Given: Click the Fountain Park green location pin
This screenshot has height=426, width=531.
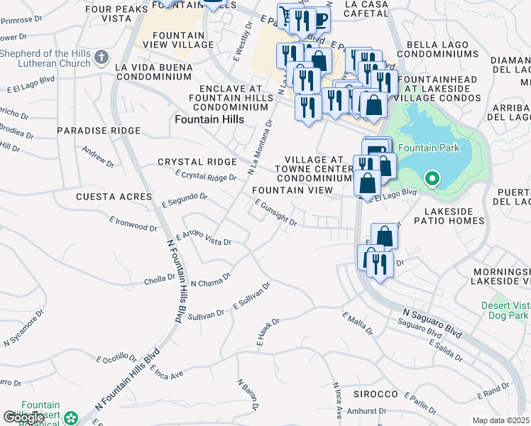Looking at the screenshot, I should pyautogui.click(x=430, y=179).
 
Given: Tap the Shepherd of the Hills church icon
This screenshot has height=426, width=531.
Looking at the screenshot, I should pyautogui.click(x=102, y=56).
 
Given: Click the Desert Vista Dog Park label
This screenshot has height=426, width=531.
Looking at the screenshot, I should pyautogui.click(x=505, y=309).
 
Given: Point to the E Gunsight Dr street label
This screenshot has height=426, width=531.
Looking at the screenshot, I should pyautogui.click(x=275, y=213).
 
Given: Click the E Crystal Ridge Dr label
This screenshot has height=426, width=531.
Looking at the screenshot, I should pyautogui.click(x=205, y=175).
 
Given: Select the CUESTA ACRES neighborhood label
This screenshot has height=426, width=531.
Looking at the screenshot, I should pyautogui.click(x=114, y=196).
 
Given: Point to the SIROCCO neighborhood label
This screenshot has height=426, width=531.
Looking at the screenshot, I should pyautogui.click(x=376, y=393).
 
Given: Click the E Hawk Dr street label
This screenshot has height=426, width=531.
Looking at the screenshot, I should pyautogui.click(x=268, y=332).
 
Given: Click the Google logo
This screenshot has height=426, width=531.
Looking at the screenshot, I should pyautogui.click(x=24, y=417).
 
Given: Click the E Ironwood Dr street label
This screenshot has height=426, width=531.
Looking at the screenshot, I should pyautogui.click(x=133, y=224).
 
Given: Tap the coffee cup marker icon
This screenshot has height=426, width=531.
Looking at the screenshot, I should pyautogui.click(x=320, y=19).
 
